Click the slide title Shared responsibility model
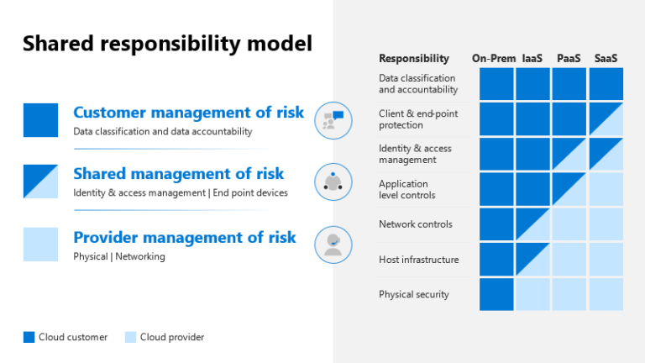(167, 44)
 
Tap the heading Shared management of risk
(178, 174)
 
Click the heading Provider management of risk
(184, 238)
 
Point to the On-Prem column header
(494, 58)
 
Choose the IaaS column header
(532, 58)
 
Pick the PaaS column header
(569, 58)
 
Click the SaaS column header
(606, 58)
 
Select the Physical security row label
(413, 294)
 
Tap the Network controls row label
(415, 224)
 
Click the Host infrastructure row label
(418, 260)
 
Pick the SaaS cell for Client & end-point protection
(606, 119)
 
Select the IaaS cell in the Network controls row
(532, 224)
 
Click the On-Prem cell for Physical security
(496, 294)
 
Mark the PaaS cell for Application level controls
(569, 189)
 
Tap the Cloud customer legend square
(29, 337)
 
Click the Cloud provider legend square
(130, 337)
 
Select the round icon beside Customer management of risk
(333, 120)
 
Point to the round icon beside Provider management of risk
(333, 244)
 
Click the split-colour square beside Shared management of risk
(40, 181)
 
